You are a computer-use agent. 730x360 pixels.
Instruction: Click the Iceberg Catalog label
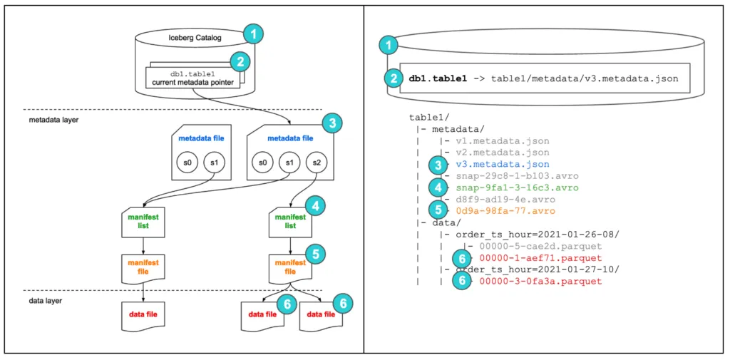tap(191, 38)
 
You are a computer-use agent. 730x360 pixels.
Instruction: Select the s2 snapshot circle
tap(314, 163)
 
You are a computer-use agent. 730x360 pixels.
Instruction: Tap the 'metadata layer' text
tap(48, 120)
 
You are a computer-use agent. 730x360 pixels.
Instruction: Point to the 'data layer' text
tap(40, 302)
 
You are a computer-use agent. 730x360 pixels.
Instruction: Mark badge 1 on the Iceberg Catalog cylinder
tap(253, 32)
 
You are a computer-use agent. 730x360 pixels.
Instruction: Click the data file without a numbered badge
tap(143, 314)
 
